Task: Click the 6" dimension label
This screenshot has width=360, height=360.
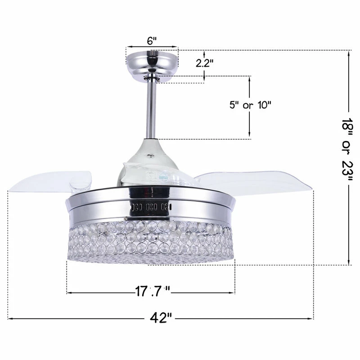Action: (152, 40)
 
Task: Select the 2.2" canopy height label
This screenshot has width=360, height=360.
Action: (205, 63)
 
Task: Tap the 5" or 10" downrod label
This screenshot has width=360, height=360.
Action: (251, 106)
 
